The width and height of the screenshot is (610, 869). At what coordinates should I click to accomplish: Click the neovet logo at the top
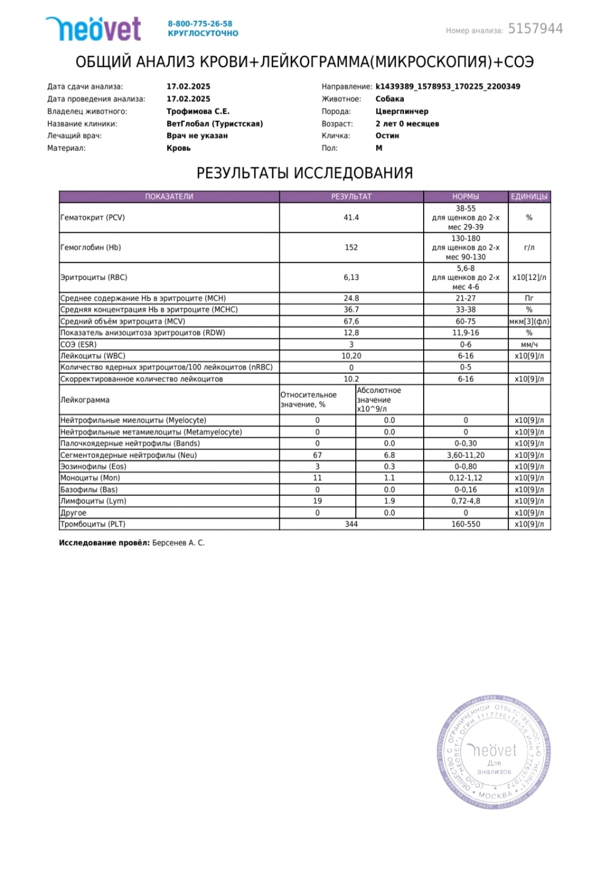tap(93, 29)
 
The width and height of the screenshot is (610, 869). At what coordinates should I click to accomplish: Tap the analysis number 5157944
tap(535, 29)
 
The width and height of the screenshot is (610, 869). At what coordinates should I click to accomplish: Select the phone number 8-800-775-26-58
tap(200, 24)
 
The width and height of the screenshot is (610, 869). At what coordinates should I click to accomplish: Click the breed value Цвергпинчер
tap(401, 111)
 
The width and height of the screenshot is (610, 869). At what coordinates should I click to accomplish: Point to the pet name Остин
tap(387, 136)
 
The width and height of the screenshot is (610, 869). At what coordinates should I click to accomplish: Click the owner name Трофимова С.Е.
tap(198, 111)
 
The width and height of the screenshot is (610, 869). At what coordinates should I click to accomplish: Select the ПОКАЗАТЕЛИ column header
tap(169, 197)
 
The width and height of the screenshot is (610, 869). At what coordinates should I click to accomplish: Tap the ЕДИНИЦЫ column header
tap(529, 197)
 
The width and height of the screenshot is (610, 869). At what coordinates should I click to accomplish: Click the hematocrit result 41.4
tap(351, 218)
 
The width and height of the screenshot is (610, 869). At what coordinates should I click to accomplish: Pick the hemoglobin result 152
tap(351, 248)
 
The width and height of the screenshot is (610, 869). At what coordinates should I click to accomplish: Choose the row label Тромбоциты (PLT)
tap(93, 524)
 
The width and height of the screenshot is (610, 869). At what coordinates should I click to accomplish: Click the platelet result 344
tap(351, 524)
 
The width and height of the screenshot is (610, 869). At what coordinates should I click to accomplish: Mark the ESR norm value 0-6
tap(465, 344)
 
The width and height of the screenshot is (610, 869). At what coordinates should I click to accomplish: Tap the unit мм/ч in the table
tap(529, 344)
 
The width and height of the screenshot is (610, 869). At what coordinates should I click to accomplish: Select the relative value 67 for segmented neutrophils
tap(317, 455)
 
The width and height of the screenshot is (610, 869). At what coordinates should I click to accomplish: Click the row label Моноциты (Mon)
tap(90, 478)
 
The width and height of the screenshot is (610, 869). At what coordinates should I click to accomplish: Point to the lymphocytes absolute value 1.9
tap(389, 501)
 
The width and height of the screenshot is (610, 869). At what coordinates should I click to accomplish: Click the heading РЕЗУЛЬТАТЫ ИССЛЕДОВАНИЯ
tap(305, 173)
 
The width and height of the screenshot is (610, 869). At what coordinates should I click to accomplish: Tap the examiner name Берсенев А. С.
tap(178, 543)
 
